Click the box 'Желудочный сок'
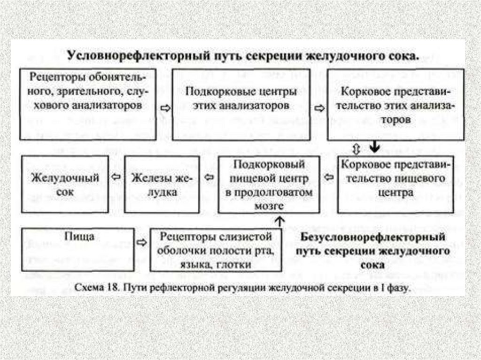tap(65, 184)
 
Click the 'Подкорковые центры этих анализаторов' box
tap(240, 104)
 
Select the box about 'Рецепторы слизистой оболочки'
tap(216, 250)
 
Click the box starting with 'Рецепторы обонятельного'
tap(87, 104)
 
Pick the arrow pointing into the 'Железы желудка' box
tap(209, 178)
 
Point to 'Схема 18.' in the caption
tap(103, 288)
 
